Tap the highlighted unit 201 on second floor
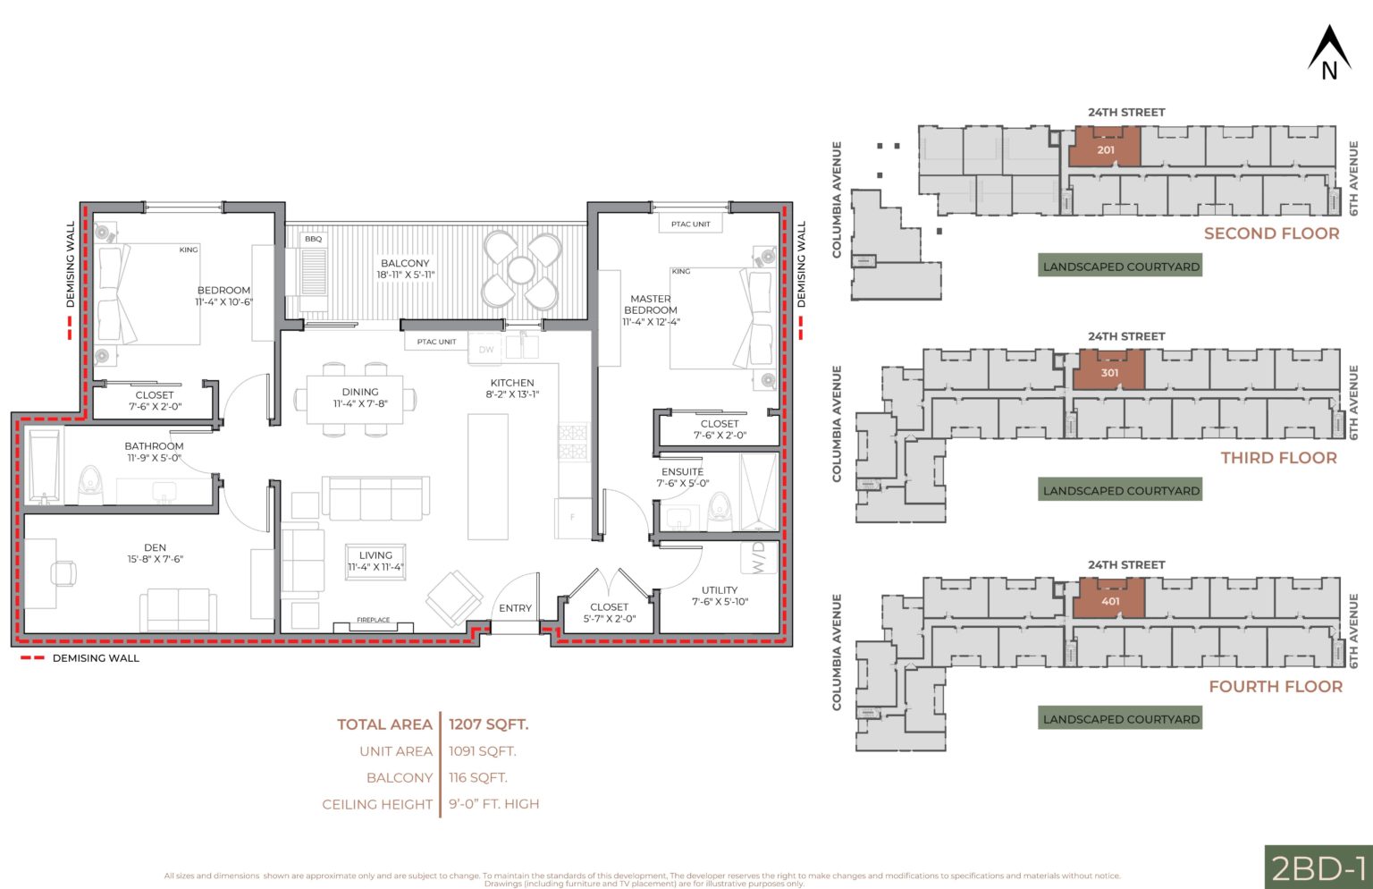(1105, 148)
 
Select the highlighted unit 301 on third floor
(1109, 370)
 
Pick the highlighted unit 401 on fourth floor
(1109, 599)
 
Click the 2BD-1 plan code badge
(1318, 868)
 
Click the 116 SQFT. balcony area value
(477, 778)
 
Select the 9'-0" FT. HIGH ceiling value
(493, 804)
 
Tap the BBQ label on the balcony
(313, 239)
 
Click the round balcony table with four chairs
(521, 269)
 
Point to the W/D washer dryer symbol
(758, 557)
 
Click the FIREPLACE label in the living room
(373, 620)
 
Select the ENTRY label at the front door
(515, 608)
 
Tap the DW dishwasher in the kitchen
(485, 350)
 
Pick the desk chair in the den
(63, 572)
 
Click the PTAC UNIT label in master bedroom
(690, 224)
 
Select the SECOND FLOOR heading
(1271, 233)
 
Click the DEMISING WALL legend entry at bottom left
(80, 658)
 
